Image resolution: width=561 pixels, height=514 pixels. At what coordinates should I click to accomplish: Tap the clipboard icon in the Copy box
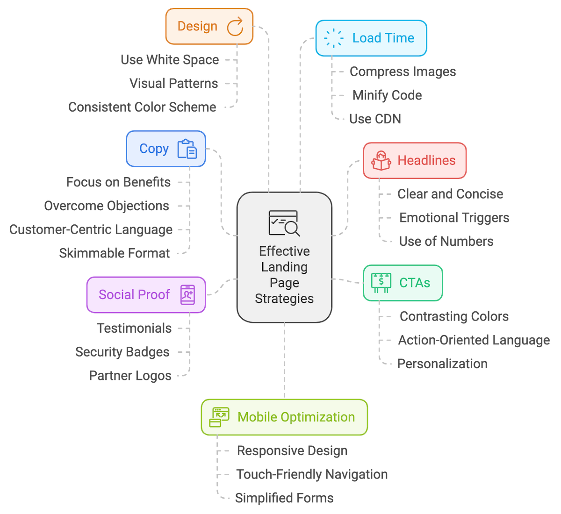(187, 149)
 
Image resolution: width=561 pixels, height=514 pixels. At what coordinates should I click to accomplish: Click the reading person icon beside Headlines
(381, 161)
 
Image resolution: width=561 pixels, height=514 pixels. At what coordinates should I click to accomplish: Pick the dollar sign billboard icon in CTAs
(381, 283)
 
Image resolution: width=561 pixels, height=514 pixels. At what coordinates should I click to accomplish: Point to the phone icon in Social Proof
(187, 295)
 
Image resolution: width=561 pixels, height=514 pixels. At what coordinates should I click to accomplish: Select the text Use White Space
(170, 60)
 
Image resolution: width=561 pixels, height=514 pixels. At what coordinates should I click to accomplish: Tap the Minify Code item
(387, 95)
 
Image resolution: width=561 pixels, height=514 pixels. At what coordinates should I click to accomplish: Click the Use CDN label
(375, 119)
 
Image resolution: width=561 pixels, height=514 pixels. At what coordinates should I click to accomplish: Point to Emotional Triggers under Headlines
(454, 218)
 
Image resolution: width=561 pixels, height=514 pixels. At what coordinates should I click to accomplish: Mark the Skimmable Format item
(115, 253)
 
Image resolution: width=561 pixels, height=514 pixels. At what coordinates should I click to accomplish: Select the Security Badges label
(122, 352)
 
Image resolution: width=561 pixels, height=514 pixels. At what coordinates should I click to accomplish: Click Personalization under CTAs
(442, 364)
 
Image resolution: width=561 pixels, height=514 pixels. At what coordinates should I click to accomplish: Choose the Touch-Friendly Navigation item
(312, 474)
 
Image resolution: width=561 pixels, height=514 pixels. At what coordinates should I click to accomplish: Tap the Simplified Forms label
(284, 498)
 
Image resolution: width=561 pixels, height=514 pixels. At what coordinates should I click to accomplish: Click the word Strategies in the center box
(284, 299)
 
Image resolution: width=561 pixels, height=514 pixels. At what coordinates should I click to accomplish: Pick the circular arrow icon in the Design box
(235, 26)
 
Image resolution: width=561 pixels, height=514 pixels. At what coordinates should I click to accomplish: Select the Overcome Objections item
(107, 206)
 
